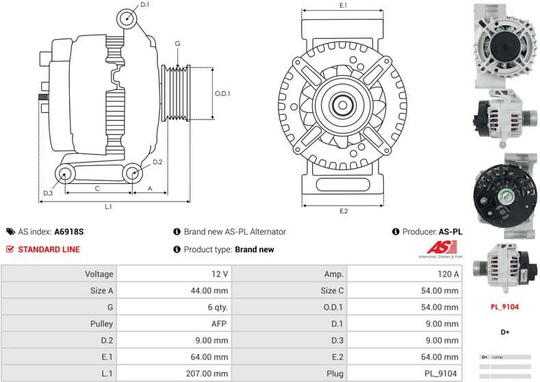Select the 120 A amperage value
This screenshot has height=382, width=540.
tap(448, 274)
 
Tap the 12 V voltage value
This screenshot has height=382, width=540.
tap(219, 274)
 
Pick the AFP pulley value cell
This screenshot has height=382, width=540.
tap(219, 324)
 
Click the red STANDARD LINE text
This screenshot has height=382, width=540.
tap(48, 249)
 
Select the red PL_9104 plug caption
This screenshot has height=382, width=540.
tap(505, 308)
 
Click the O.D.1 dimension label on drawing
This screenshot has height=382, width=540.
tap(222, 94)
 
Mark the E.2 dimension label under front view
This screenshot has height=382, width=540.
tap(344, 210)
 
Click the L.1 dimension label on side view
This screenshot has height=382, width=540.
tap(108, 206)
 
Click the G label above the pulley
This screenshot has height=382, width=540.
tap(177, 44)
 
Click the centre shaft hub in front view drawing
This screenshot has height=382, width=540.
tap(344, 107)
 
